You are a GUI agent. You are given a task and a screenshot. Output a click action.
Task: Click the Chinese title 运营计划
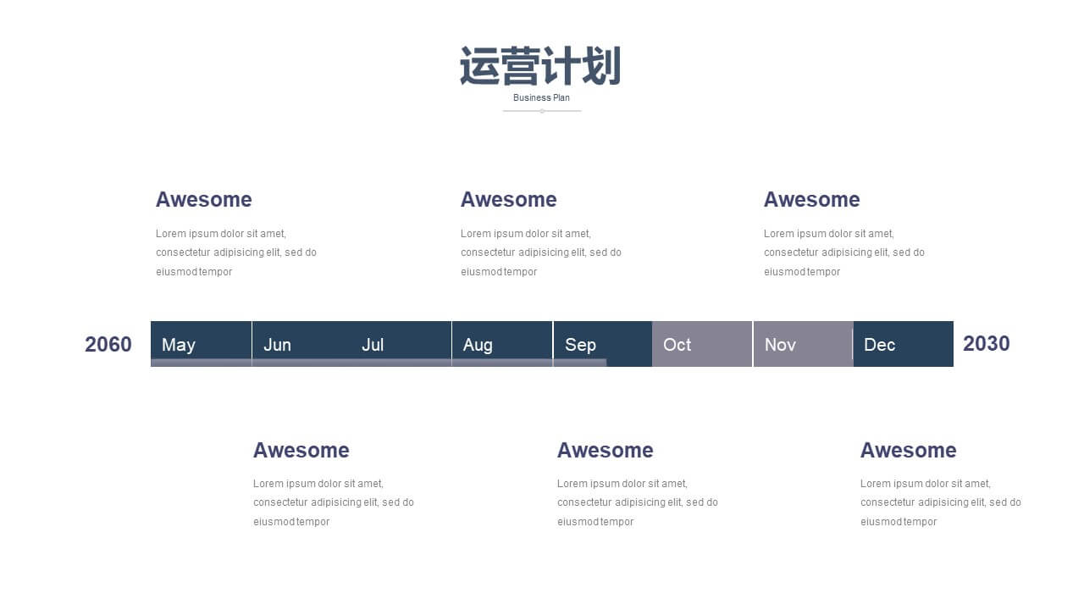tap(540, 66)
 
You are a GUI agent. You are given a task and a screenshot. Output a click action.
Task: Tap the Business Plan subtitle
tap(541, 97)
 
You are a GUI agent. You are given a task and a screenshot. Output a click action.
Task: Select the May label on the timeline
tap(179, 345)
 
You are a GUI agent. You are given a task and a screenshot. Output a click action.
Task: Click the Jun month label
tap(277, 345)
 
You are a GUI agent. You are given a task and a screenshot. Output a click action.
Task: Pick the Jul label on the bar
tap(373, 345)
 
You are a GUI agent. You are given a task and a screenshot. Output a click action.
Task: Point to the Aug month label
tap(478, 345)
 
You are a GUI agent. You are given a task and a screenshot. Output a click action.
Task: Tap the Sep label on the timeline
tap(580, 345)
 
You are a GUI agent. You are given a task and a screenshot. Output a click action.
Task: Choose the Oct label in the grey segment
tap(677, 345)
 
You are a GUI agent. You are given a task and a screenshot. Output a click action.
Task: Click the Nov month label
tap(780, 345)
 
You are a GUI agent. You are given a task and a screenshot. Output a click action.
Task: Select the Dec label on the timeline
tap(879, 345)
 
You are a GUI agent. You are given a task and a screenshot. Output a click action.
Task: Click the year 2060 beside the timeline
tap(108, 344)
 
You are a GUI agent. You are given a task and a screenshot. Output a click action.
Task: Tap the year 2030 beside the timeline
tap(987, 344)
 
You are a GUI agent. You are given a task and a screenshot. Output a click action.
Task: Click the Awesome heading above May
tap(204, 199)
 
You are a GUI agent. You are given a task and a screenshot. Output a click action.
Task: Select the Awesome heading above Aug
tap(509, 199)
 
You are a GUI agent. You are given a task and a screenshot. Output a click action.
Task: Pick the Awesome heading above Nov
tap(811, 199)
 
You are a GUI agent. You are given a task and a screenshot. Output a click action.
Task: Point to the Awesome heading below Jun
tap(301, 450)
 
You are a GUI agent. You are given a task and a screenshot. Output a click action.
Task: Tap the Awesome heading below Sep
tap(605, 450)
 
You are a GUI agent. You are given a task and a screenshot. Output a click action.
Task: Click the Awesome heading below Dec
tap(909, 450)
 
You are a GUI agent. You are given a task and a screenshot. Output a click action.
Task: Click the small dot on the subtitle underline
tap(542, 111)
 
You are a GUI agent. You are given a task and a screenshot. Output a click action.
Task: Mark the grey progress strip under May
tap(201, 363)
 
